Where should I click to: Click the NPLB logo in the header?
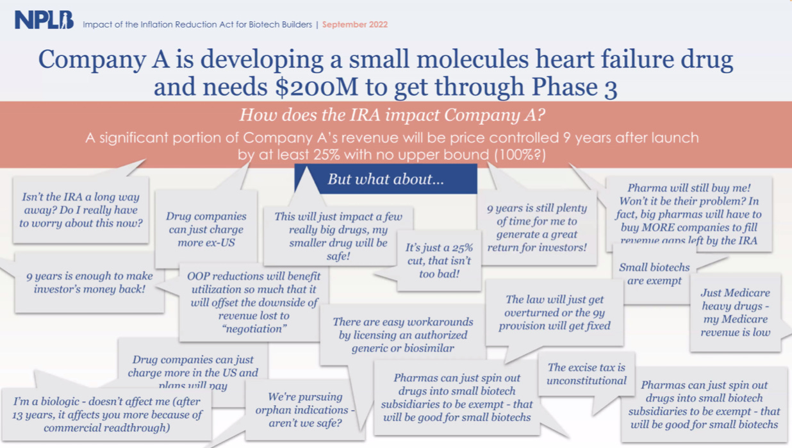click(x=44, y=21)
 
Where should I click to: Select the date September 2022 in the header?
click(x=354, y=24)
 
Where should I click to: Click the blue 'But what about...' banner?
click(x=386, y=179)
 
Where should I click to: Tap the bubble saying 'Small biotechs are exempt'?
click(x=654, y=274)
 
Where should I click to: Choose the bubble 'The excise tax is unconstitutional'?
click(x=586, y=374)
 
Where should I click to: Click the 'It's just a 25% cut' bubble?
click(x=439, y=261)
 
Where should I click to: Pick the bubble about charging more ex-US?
click(x=206, y=229)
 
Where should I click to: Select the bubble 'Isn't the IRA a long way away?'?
click(x=81, y=210)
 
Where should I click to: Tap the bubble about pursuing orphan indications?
click(x=304, y=410)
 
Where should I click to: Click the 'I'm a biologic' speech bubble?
click(x=106, y=414)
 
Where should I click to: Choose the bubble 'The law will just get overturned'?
click(x=554, y=312)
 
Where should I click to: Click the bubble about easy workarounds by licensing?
click(x=402, y=335)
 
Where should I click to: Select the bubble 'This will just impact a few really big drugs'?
click(x=338, y=236)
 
